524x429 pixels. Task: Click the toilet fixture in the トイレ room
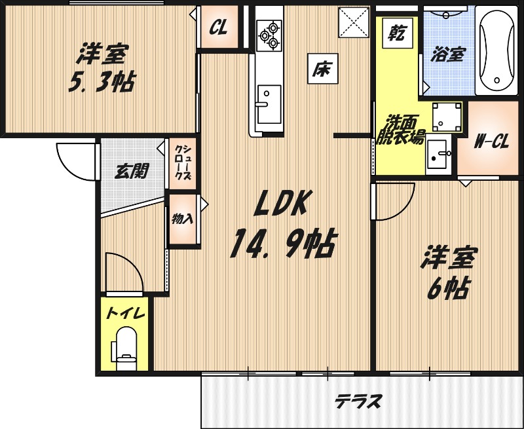(124, 346)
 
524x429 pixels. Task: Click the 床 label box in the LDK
(322, 67)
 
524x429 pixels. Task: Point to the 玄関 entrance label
(132, 172)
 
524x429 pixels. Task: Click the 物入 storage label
(183, 219)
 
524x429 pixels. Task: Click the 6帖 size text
(448, 288)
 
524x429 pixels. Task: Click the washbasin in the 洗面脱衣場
(439, 157)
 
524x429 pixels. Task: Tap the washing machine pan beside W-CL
(448, 115)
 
